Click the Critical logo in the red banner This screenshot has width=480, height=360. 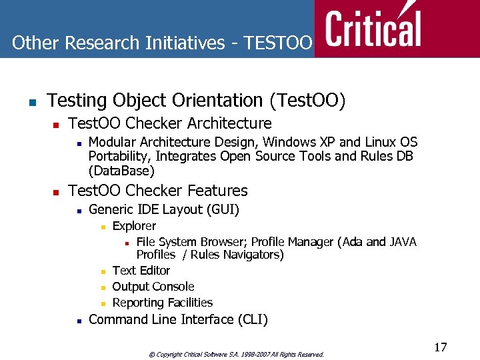pyautogui.click(x=373, y=28)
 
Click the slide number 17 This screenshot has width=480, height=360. pyautogui.click(x=440, y=347)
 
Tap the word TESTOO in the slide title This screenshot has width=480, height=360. pyautogui.click(x=278, y=43)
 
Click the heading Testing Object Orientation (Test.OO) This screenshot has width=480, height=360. pyautogui.click(x=197, y=101)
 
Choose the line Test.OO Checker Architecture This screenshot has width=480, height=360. pyautogui.click(x=170, y=123)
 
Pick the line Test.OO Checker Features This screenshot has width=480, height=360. pyautogui.click(x=158, y=191)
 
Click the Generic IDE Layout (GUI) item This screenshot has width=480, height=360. pyautogui.click(x=163, y=209)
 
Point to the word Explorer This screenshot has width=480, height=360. pyautogui.click(x=134, y=226)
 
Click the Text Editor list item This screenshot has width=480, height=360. pyautogui.click(x=141, y=271)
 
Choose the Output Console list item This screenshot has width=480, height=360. pyautogui.click(x=153, y=287)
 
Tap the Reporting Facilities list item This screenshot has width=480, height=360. pyautogui.click(x=163, y=303)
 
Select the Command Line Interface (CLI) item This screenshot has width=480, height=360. pyautogui.click(x=178, y=319)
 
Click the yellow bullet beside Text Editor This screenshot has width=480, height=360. pyautogui.click(x=103, y=272)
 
